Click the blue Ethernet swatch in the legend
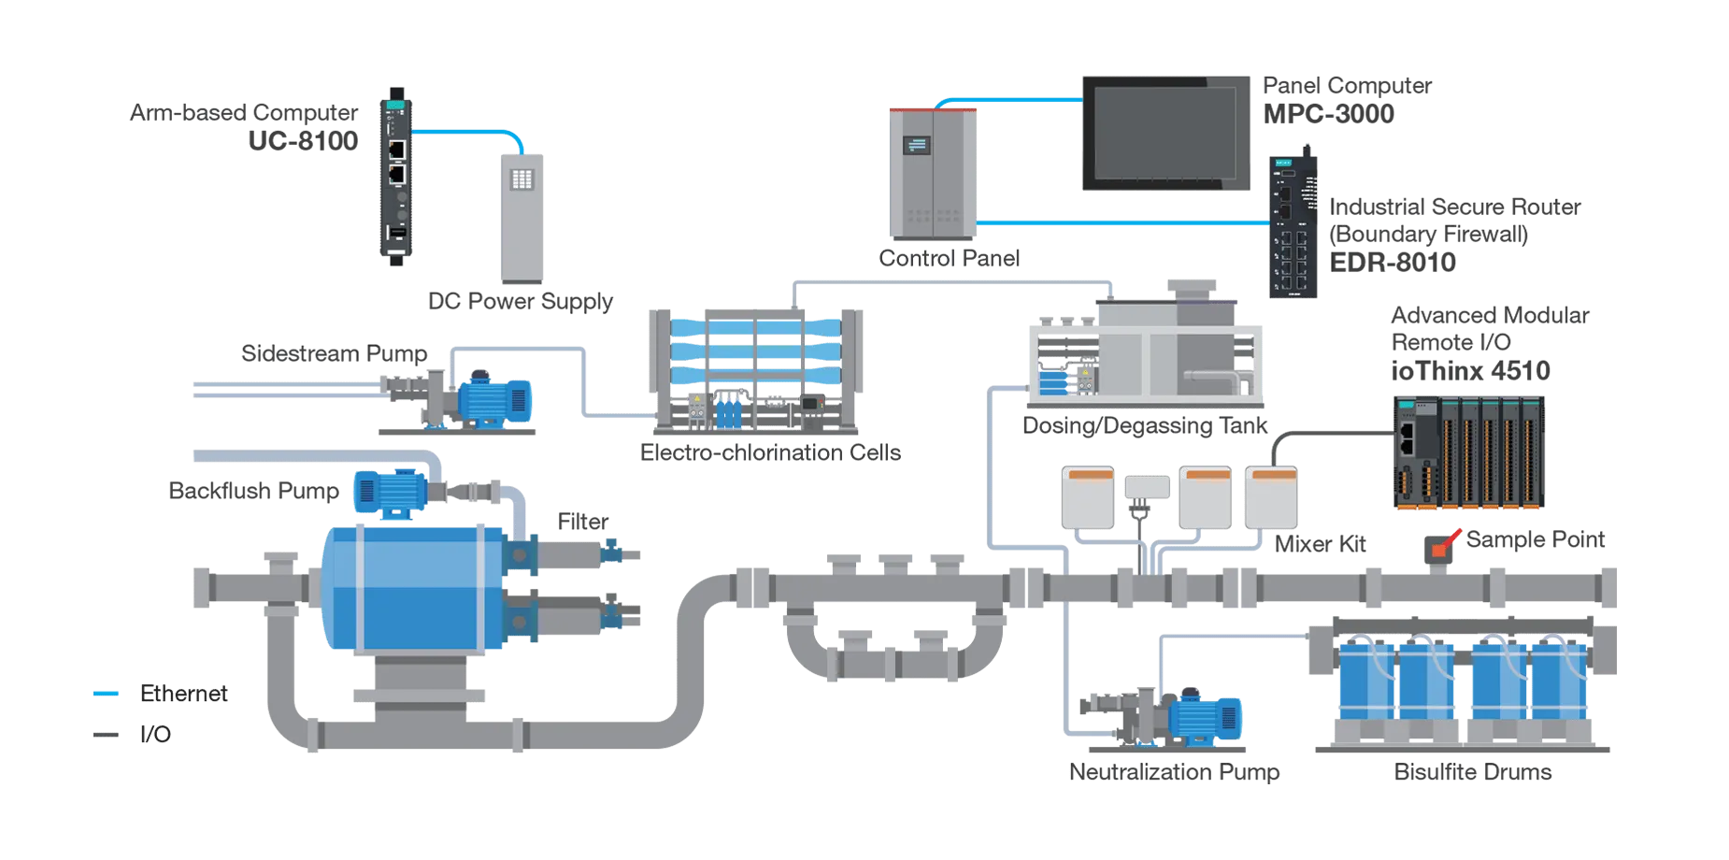click(105, 695)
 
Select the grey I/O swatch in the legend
click(105, 735)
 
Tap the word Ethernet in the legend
click(183, 694)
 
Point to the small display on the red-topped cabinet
click(917, 146)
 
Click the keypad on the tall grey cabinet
click(522, 179)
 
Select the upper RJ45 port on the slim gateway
click(396, 149)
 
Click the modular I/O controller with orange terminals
click(1468, 451)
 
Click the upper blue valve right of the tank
click(612, 552)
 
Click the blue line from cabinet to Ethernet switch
click(1122, 222)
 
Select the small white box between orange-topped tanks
click(1147, 487)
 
